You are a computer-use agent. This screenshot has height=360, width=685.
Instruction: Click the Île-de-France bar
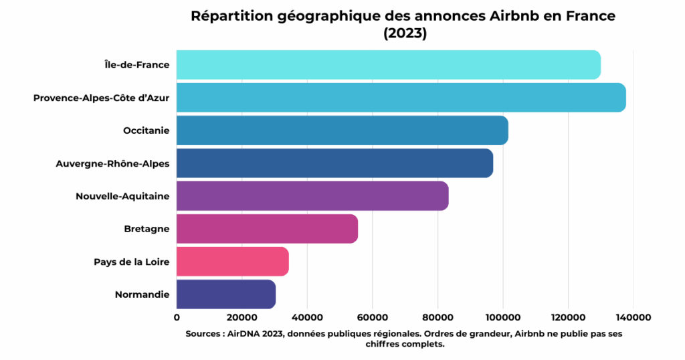tap(388, 65)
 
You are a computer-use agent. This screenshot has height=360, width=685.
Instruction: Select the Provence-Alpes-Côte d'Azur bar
tap(401, 98)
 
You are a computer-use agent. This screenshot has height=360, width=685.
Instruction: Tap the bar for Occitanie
tap(342, 130)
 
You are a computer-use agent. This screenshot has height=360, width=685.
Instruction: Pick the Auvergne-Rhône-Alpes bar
tap(334, 163)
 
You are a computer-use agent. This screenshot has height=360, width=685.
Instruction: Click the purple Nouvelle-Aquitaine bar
tap(312, 196)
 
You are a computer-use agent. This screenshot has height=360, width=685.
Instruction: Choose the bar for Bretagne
tap(267, 229)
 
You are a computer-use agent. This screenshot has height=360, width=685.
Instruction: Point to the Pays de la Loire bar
tap(232, 262)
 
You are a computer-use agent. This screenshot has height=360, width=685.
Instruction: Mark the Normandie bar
tap(225, 294)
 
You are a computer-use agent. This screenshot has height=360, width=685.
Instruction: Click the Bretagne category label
tap(146, 229)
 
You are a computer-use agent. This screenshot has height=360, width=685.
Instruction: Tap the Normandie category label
tap(142, 294)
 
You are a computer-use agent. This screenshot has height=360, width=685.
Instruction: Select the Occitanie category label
tap(146, 130)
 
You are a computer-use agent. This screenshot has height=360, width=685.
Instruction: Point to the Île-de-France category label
tap(137, 65)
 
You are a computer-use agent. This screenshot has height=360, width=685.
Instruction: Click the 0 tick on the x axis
tap(177, 317)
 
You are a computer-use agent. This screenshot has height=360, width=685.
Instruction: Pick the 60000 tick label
tap(372, 317)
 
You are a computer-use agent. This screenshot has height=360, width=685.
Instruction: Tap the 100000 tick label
tap(502, 317)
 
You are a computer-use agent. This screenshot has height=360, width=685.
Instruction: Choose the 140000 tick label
tap(633, 317)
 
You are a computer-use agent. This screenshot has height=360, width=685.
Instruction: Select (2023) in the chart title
tap(405, 33)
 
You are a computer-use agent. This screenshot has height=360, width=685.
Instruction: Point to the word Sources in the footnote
tap(204, 333)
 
